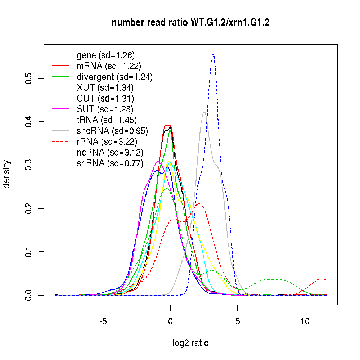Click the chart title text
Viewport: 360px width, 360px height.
click(190, 23)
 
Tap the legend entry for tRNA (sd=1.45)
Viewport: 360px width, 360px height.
click(107, 120)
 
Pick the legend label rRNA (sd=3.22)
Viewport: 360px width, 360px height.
click(107, 141)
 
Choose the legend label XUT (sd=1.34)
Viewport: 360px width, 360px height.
click(105, 87)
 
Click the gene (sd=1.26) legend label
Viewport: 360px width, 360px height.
click(105, 55)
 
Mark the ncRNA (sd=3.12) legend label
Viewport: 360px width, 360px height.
click(109, 152)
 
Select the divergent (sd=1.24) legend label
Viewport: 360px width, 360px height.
click(114, 77)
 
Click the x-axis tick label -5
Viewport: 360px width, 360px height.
click(103, 321)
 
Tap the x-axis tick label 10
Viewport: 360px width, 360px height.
click(305, 321)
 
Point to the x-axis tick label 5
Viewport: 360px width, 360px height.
click(238, 321)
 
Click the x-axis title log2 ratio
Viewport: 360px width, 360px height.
click(190, 343)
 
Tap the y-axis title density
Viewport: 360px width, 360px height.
click(7, 174)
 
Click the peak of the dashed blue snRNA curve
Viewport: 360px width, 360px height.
click(213, 54)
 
